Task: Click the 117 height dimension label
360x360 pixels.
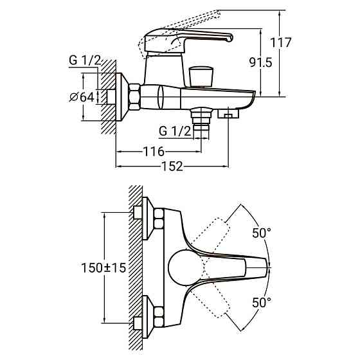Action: [x=280, y=42]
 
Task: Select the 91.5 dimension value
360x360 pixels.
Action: [x=260, y=62]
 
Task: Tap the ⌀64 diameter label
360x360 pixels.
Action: [x=82, y=97]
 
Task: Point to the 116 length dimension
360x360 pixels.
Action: [x=154, y=152]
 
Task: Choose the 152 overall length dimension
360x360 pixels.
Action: [x=172, y=166]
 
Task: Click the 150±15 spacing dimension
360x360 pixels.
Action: [x=104, y=267]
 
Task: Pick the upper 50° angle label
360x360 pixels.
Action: [x=262, y=233]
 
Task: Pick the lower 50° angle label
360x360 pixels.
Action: [x=262, y=302]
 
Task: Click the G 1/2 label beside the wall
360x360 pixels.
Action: [x=85, y=60]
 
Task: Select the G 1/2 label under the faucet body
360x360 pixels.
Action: [x=175, y=131]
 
